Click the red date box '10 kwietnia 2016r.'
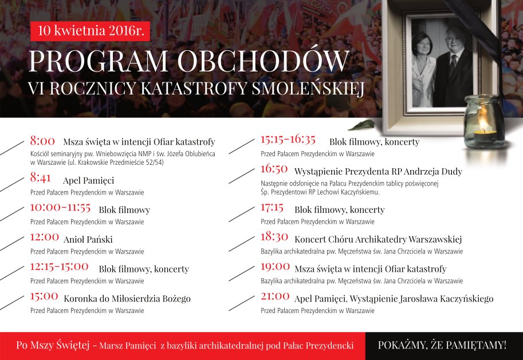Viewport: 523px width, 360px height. pyautogui.click(x=90, y=31)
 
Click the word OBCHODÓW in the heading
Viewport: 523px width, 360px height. pyautogui.click(x=264, y=61)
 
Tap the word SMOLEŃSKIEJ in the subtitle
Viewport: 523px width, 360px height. pyautogui.click(x=308, y=88)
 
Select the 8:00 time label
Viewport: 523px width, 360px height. pyautogui.click(x=42, y=141)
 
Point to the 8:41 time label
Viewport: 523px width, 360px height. pyautogui.click(x=40, y=177)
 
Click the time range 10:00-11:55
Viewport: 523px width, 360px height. pyautogui.click(x=60, y=207)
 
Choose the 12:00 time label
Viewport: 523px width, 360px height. pyautogui.click(x=44, y=237)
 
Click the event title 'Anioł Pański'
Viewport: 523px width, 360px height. pyautogui.click(x=88, y=239)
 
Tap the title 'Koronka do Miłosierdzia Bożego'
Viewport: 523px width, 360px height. pyautogui.click(x=127, y=299)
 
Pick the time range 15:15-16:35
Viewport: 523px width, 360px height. pyautogui.click(x=288, y=139)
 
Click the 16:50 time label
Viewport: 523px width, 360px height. pyautogui.click(x=274, y=169)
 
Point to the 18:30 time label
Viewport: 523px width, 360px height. pyautogui.click(x=274, y=237)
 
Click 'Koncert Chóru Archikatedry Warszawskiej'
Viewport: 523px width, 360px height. pyautogui.click(x=378, y=239)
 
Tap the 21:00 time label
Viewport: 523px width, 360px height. pyautogui.click(x=275, y=296)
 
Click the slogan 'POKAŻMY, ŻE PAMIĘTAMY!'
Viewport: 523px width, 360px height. pyautogui.click(x=442, y=345)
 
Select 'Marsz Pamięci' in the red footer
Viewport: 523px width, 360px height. pyautogui.click(x=127, y=345)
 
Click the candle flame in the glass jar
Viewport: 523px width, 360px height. pyautogui.click(x=482, y=118)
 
